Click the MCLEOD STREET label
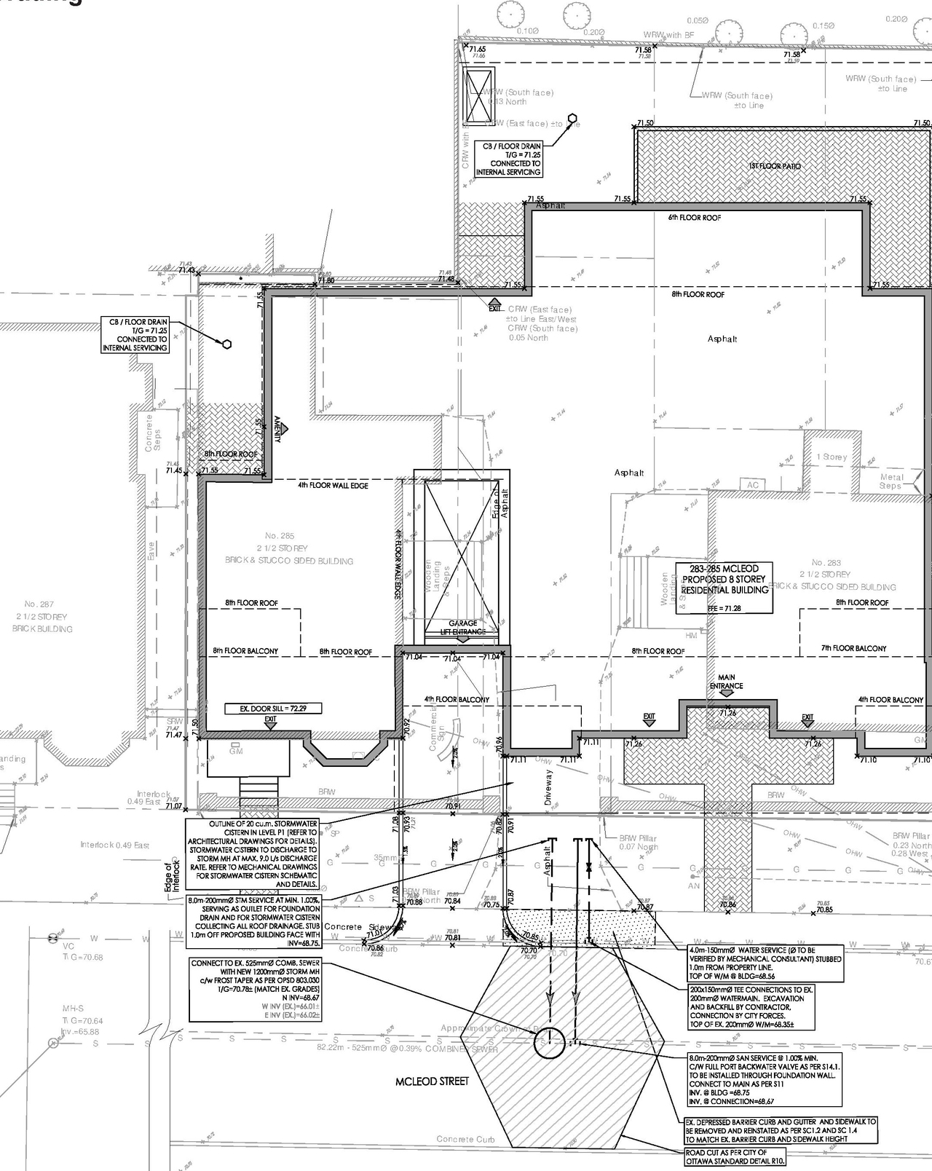[432, 1081]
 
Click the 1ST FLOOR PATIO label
[775, 167]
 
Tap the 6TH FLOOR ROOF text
[694, 218]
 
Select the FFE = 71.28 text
[724, 608]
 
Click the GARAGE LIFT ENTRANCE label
[462, 627]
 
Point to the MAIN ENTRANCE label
[726, 682]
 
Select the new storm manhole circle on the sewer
[549, 1043]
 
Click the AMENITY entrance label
[277, 430]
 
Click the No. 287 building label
[39, 616]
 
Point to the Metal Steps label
[890, 481]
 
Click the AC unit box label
[752, 485]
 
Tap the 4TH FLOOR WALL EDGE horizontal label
[333, 485]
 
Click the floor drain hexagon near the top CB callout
[573, 118]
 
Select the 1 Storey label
[832, 457]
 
